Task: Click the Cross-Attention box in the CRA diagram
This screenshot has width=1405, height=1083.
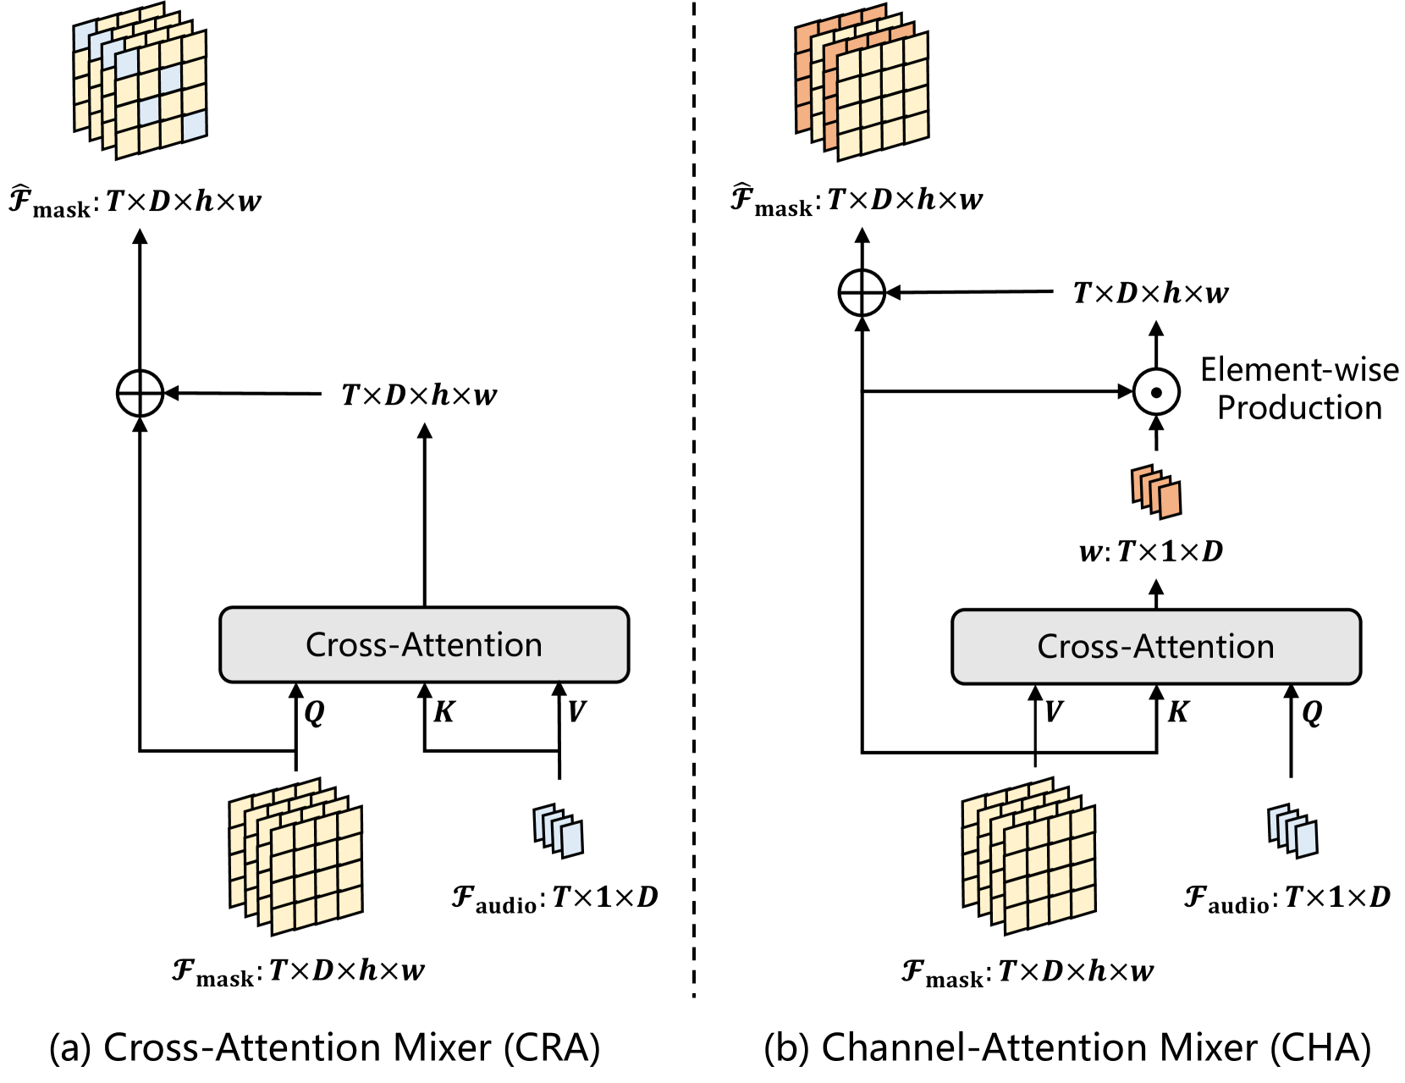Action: click(x=424, y=645)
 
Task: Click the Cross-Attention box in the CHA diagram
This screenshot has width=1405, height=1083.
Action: click(x=1155, y=647)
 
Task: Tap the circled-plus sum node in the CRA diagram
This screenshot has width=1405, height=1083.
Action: click(x=140, y=394)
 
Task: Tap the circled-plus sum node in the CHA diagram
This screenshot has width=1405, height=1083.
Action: click(x=862, y=293)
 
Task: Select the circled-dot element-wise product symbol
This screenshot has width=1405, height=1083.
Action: click(x=1156, y=392)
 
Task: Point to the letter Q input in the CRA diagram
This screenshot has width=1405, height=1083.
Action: click(x=314, y=712)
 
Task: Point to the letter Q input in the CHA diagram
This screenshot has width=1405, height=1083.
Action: click(x=1312, y=712)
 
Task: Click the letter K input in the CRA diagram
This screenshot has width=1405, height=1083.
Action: click(x=444, y=712)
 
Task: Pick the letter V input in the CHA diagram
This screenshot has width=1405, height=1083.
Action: click(x=1054, y=712)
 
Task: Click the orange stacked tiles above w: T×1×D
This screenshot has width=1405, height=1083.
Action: click(x=1156, y=491)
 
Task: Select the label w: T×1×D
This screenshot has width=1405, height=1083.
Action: click(x=1151, y=552)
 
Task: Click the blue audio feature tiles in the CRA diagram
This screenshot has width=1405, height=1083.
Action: click(x=559, y=830)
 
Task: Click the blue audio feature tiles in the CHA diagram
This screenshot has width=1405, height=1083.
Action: click(x=1292, y=830)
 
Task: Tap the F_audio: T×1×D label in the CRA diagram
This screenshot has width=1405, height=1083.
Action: click(x=554, y=898)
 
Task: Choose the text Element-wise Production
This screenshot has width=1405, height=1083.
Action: click(x=1299, y=390)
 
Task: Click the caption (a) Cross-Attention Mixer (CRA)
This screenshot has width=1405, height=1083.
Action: click(x=325, y=1047)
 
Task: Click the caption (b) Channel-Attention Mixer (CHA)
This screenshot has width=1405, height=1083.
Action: click(x=1066, y=1047)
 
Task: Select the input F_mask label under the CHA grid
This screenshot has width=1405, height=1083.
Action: click(x=1027, y=971)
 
